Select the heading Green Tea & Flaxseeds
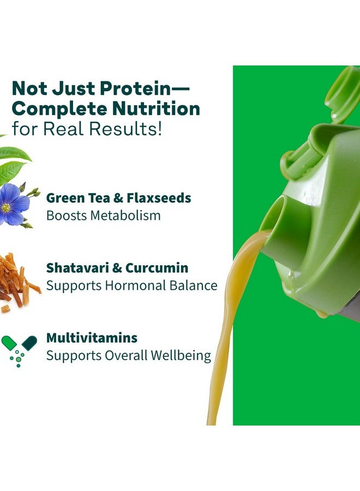(118, 197)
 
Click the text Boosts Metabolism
(103, 215)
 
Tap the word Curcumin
(157, 268)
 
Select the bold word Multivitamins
(92, 338)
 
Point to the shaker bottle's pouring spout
(278, 218)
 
